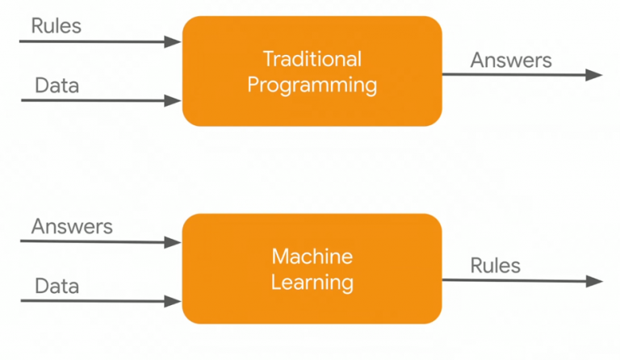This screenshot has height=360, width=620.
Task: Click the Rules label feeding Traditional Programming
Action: pos(57,26)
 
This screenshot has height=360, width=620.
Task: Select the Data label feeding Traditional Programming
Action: pos(57,86)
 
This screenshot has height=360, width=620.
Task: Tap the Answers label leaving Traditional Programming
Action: pos(511,61)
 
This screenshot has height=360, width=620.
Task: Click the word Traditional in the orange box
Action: pos(312,59)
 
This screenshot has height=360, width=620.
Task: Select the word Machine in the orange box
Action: pos(312,257)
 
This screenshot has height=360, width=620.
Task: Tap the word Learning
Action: pos(312,283)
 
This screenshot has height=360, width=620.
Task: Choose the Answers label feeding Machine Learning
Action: pos(72,227)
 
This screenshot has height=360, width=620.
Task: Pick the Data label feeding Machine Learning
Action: pos(57,287)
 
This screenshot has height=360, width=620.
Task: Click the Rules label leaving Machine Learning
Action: pos(496,266)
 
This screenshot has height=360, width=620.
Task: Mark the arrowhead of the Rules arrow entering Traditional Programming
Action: pos(174,41)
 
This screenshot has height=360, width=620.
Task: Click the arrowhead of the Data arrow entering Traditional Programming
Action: pos(174,101)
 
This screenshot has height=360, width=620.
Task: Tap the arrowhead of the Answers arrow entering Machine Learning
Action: pos(174,241)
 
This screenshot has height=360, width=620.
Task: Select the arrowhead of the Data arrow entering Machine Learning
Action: pos(174,301)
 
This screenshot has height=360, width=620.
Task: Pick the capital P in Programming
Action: pos(253,85)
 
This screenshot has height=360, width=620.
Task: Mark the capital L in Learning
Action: pos(276,283)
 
